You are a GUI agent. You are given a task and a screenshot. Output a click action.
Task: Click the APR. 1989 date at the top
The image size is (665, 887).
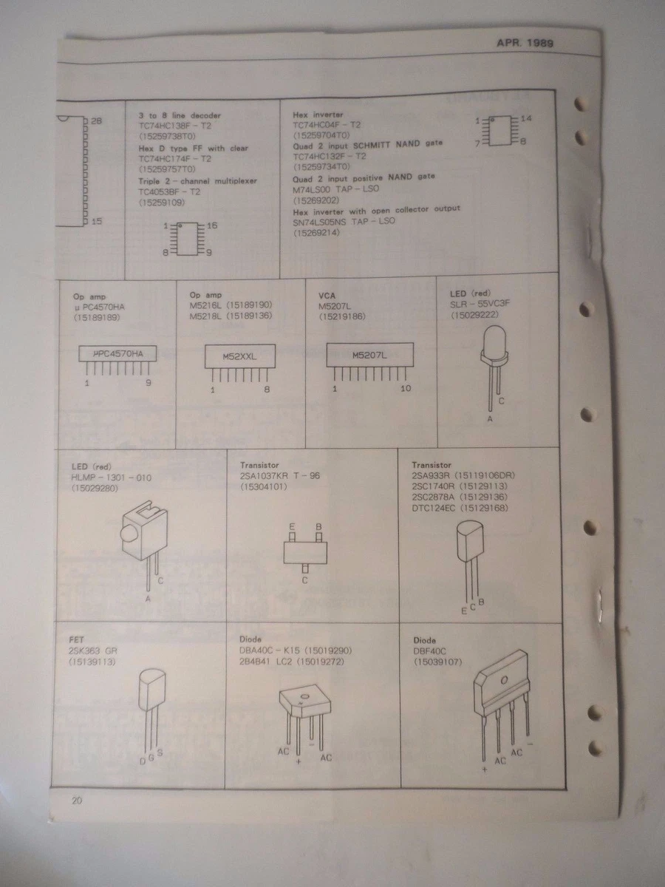pyautogui.click(x=525, y=43)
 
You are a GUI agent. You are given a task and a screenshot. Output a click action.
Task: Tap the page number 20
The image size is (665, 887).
pyautogui.click(x=78, y=801)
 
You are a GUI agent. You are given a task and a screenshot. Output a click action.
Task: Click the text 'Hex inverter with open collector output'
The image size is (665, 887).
pyautogui.click(x=376, y=209)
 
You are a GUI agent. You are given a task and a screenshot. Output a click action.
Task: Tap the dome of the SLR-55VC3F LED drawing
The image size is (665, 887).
pyautogui.click(x=494, y=342)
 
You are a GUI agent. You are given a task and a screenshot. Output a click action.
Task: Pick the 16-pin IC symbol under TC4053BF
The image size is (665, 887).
pyautogui.click(x=187, y=237)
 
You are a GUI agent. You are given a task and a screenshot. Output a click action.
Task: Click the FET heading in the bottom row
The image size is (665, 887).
pyautogui.click(x=75, y=640)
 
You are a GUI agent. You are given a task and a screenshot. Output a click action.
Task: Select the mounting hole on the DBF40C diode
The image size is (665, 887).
pyautogui.click(x=505, y=679)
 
